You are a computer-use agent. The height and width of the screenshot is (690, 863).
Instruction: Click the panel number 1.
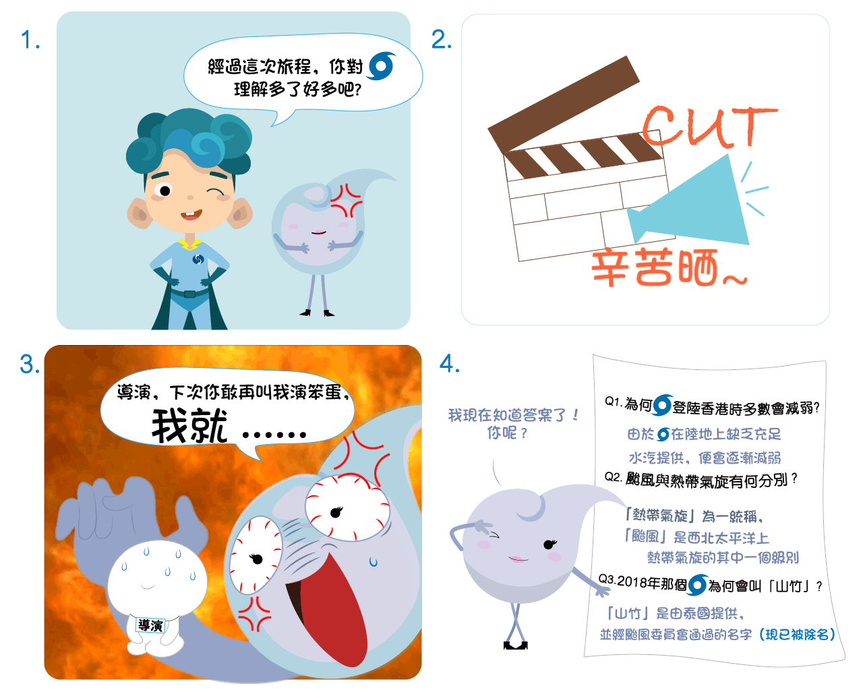point(30,40)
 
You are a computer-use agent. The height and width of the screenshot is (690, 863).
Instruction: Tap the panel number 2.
point(441,40)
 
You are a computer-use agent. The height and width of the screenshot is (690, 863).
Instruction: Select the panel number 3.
point(30,365)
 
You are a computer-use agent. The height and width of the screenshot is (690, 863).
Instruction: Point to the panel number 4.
point(450,364)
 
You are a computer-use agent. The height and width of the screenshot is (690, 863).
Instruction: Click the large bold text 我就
point(189,426)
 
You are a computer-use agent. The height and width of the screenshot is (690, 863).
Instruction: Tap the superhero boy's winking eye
point(215,193)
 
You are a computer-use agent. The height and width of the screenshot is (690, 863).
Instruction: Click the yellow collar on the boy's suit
point(189,244)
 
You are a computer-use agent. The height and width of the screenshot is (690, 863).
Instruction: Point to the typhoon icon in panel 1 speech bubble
point(382,66)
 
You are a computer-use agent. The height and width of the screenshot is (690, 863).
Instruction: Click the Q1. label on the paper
point(614,402)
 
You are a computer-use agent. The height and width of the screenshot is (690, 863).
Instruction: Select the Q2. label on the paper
point(613,477)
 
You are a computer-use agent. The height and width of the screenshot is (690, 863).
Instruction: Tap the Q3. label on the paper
point(607,579)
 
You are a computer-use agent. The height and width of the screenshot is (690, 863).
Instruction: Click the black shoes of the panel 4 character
point(516,645)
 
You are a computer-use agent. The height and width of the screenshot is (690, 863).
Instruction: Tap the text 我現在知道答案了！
point(513,415)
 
